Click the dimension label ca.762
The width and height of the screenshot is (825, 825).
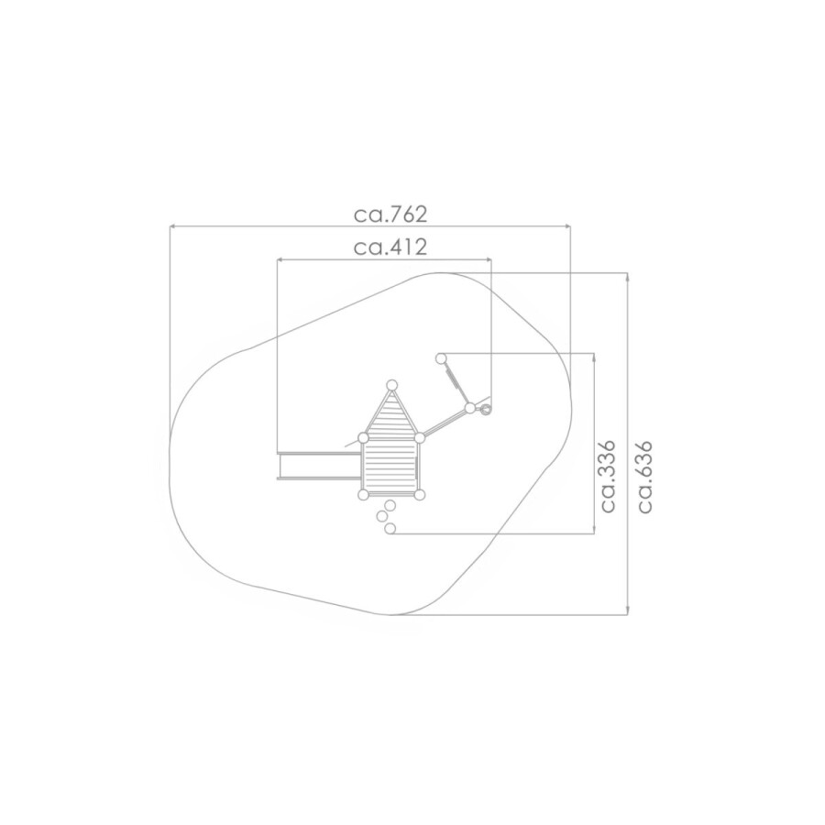390,214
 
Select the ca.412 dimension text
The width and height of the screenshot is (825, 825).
390,247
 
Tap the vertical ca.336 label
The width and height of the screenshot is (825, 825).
608,477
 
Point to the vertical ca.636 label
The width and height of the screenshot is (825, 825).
645,477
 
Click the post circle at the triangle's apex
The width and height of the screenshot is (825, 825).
391,385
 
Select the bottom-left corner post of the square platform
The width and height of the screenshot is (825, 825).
363,495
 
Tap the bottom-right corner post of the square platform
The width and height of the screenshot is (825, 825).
419,495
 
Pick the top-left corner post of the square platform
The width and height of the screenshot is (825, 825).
363,438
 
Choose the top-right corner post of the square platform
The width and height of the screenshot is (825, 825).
419,438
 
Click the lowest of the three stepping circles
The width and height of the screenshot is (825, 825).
390,528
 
